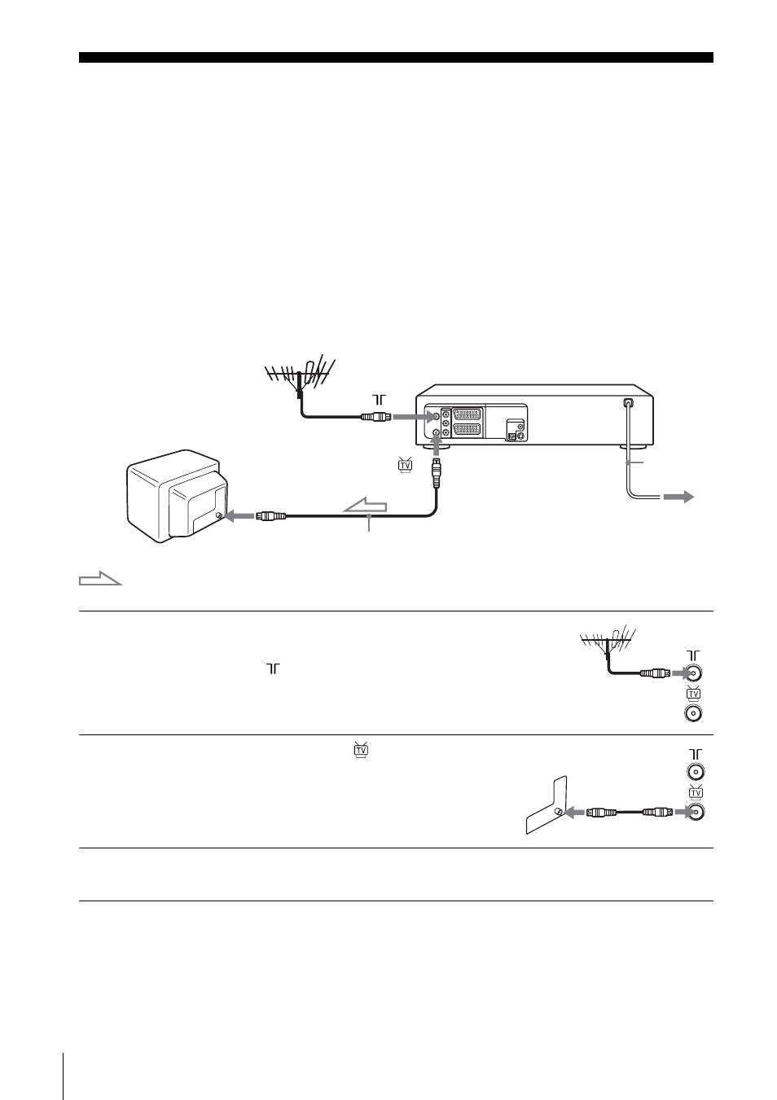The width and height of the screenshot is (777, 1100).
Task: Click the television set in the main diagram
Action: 178,497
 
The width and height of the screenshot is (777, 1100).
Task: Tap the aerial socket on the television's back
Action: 218,515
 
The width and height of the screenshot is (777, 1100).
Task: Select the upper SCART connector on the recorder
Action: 467,414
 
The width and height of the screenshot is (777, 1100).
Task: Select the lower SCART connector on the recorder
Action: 467,431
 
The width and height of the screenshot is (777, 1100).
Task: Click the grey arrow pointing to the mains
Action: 678,497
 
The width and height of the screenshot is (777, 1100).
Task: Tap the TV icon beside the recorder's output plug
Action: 405,465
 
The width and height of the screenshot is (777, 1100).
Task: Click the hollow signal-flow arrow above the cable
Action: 365,506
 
